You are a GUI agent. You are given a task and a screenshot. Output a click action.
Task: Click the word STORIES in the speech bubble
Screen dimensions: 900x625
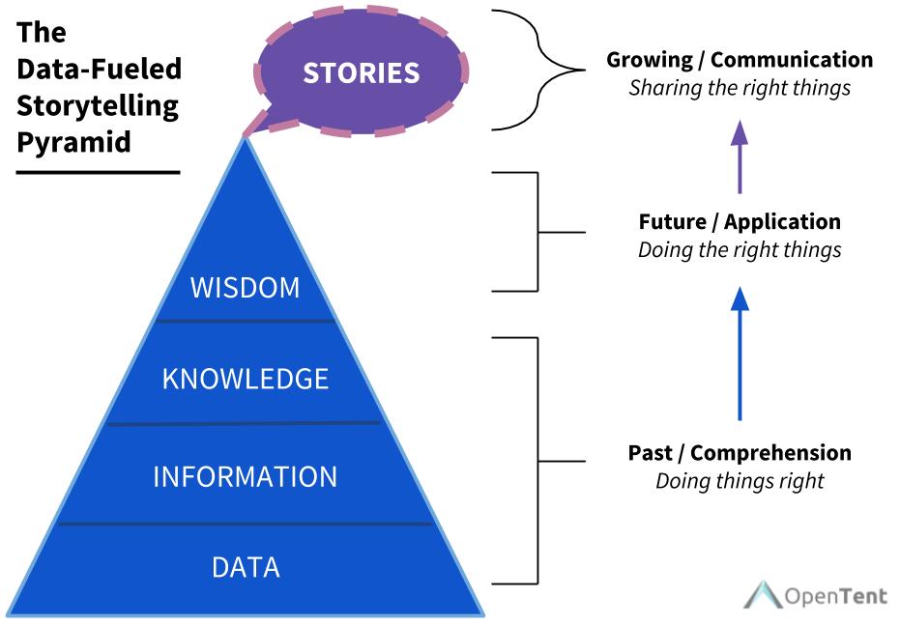point(361,72)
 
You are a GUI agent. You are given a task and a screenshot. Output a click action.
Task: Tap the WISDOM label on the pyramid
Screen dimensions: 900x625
point(246,287)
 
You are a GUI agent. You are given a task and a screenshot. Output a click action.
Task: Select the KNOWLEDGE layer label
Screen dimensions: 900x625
point(246,379)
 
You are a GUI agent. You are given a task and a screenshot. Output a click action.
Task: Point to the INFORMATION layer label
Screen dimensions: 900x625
point(246,477)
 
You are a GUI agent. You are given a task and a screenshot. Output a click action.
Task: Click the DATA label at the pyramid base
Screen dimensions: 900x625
point(246,568)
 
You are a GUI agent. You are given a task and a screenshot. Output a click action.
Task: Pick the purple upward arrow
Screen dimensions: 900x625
point(740,156)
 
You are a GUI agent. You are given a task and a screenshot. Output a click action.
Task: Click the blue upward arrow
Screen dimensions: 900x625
point(740,354)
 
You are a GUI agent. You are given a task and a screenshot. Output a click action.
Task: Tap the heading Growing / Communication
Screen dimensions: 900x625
point(740,60)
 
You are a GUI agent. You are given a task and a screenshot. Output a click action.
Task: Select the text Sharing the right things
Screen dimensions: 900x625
point(740,88)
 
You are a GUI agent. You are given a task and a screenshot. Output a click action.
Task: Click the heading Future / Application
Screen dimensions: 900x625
point(740,221)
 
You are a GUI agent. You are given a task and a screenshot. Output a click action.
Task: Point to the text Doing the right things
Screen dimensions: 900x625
point(740,250)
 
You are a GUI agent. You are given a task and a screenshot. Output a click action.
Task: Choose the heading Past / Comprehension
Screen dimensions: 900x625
point(740,452)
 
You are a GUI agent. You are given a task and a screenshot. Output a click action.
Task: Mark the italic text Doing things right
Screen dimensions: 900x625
point(740,480)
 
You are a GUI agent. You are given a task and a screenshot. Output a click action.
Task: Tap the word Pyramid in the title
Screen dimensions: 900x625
point(74,142)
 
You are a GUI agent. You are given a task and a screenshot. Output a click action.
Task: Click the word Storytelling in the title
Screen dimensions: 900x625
point(98,106)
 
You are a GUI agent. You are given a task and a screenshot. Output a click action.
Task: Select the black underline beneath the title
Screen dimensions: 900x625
point(98,172)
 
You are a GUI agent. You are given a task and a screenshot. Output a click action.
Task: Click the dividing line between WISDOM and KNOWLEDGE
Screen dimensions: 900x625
point(246,321)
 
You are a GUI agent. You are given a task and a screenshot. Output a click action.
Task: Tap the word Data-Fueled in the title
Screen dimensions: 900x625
point(99,69)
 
